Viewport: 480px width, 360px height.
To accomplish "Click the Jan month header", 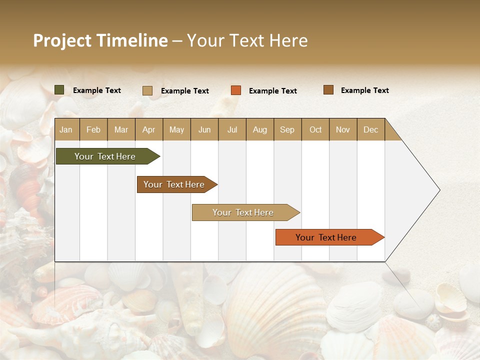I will coord(66,129).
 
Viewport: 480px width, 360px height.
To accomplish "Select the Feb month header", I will coord(93,129).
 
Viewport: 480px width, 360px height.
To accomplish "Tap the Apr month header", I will coord(148,129).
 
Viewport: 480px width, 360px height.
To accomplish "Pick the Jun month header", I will coord(204,129).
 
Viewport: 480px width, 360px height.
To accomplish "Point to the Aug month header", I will coord(259,129).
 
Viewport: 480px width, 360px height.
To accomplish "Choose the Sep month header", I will coord(287,129).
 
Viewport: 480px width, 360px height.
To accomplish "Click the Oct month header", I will coord(315,129).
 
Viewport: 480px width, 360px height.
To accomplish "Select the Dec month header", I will coord(370,129).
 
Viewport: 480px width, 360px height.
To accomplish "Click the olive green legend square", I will coord(59,90).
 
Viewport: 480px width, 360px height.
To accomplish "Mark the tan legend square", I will coord(147,90).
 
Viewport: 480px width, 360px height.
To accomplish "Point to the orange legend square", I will coord(236,90).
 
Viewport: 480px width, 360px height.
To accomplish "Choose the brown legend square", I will coord(328,90).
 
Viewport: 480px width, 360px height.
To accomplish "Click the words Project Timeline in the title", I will coord(100,40).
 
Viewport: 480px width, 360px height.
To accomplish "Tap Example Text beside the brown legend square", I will coord(364,90).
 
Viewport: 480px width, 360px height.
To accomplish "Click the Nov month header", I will coord(343,129).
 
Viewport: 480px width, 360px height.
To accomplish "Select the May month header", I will coord(176,129).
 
